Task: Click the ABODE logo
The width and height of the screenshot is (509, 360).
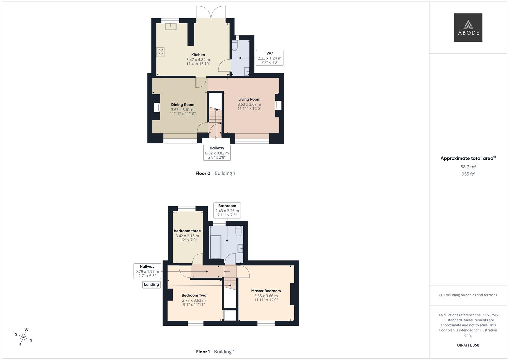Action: [468, 27]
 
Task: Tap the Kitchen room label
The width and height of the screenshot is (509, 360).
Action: [198, 55]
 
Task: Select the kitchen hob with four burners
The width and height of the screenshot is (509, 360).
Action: [160, 52]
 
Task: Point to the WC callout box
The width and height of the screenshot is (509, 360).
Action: [269, 58]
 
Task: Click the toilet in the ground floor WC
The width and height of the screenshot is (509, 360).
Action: [234, 46]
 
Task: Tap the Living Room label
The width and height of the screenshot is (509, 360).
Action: [249, 99]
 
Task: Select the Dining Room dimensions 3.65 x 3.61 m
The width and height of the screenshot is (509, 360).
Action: [183, 109]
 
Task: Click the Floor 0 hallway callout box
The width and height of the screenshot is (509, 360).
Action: [217, 153]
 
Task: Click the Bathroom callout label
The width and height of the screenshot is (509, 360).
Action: [227, 206]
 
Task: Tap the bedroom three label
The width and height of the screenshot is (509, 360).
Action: [187, 231]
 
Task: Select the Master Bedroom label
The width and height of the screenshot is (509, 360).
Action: [266, 291]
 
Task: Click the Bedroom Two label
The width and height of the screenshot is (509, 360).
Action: [194, 295]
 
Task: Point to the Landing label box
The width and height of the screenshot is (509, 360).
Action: [151, 284]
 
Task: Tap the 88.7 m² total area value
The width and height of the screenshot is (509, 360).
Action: [468, 167]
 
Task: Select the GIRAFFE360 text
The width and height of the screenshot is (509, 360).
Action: [468, 345]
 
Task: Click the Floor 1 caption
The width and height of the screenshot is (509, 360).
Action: [203, 352]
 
